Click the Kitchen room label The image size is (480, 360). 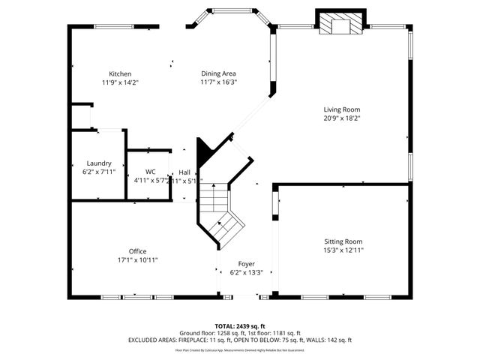point(120,73)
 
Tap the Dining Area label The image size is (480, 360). point(218,73)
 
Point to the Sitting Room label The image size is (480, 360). point(343,241)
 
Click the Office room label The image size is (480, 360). point(137,251)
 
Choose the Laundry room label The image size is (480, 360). point(99,163)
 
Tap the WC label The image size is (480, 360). point(150,171)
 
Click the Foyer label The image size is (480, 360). point(246,264)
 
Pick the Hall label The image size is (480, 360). point(184,172)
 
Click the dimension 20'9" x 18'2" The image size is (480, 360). point(342,118)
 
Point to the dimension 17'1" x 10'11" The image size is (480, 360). point(137,259)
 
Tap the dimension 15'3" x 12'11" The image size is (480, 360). point(343,250)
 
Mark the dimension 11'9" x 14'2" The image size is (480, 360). point(120,82)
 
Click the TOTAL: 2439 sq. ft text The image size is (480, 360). point(240,326)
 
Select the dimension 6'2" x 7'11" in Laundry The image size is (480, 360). point(99,172)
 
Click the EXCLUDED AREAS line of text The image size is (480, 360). point(240,340)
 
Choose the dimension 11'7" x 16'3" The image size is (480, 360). point(218,82)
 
